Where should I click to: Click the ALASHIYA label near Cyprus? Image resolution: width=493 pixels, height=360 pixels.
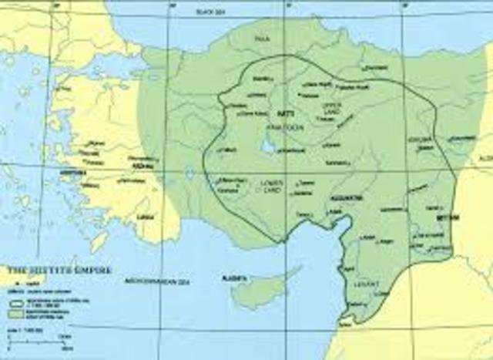(233, 276)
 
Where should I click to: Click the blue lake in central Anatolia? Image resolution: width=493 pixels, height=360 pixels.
(267, 144)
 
